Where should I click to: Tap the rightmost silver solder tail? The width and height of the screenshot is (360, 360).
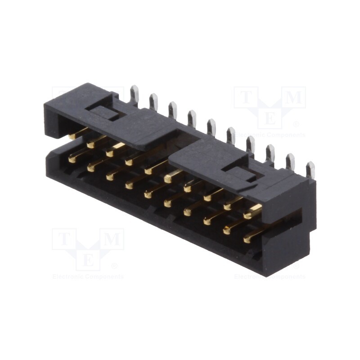[x=310, y=170]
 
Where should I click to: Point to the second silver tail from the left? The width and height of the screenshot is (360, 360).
[x=153, y=102]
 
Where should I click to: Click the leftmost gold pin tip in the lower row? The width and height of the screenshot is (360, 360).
[x=72, y=158]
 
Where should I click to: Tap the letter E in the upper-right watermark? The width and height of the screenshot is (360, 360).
[x=270, y=119]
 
